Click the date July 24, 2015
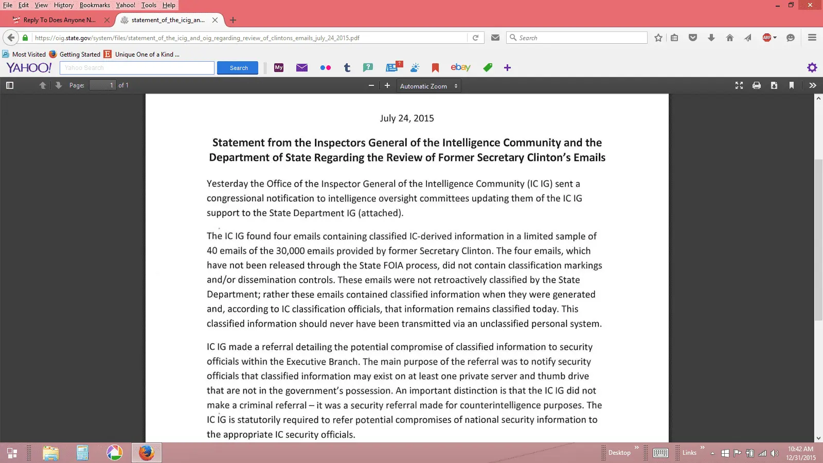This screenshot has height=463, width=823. tap(407, 118)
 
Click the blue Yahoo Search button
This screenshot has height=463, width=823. tap(238, 68)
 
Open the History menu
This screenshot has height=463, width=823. tap(64, 5)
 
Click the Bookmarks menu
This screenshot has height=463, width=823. tap(95, 5)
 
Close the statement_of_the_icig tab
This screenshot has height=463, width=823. tap(215, 20)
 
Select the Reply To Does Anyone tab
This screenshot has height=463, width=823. tap(59, 20)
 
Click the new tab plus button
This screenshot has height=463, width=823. tap(233, 20)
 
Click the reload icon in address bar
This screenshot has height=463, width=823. tap(476, 38)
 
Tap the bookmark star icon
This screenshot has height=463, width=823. tap(658, 38)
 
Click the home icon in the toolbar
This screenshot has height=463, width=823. tap(729, 38)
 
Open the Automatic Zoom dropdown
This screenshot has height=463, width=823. tap(428, 86)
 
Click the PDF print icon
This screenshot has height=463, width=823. tap(757, 85)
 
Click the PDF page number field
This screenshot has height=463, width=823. tap(102, 85)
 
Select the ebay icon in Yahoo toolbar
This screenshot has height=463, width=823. tap(460, 67)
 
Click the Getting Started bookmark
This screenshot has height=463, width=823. tap(80, 55)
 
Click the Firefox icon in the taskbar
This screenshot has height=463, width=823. tap(147, 453)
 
